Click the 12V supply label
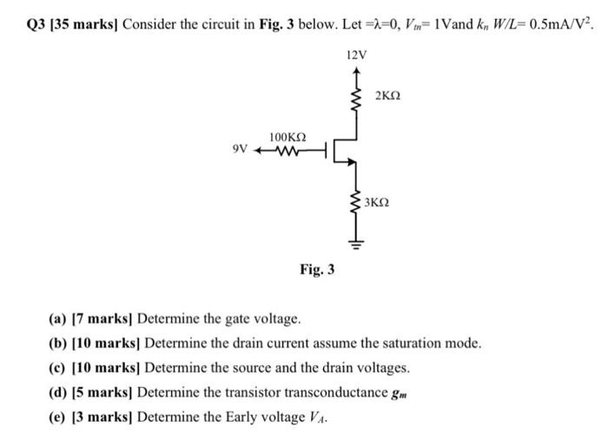pyautogui.click(x=356, y=55)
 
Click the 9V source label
pyautogui.click(x=241, y=149)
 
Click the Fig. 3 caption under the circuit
pyautogui.click(x=317, y=271)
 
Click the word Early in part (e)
pyautogui.click(x=246, y=416)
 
